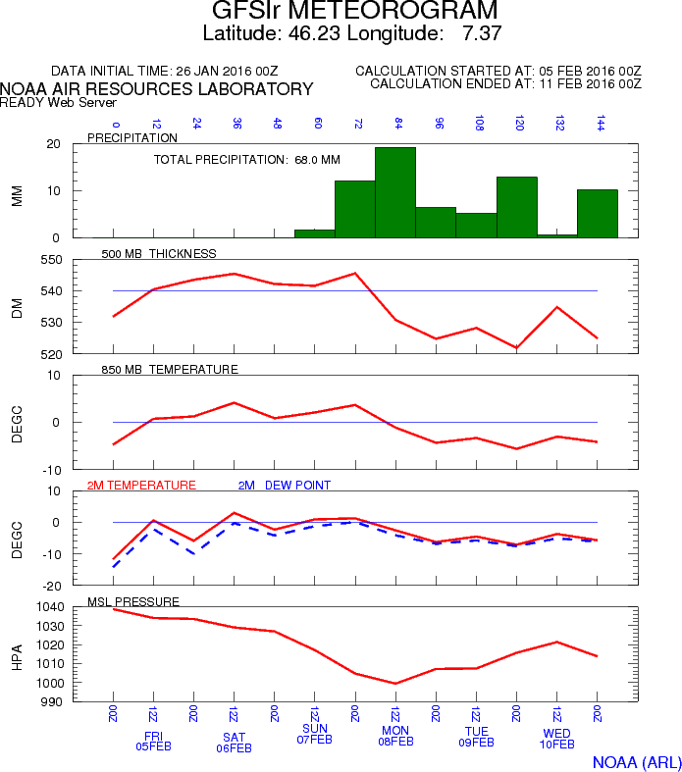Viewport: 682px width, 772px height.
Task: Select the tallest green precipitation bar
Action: click(394, 192)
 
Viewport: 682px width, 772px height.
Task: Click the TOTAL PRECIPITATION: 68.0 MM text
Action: click(247, 159)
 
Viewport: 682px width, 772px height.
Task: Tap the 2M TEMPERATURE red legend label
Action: click(141, 486)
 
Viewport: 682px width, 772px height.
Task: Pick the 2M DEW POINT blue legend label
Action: click(285, 486)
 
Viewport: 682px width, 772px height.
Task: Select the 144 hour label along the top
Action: click(599, 124)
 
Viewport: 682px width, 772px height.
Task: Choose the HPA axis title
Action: click(17, 655)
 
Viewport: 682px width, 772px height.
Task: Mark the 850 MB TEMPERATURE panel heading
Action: click(170, 370)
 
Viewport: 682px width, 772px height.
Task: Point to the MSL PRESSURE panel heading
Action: click(133, 601)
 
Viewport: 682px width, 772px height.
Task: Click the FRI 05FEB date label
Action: click(153, 742)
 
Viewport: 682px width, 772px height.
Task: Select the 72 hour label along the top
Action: click(358, 124)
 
